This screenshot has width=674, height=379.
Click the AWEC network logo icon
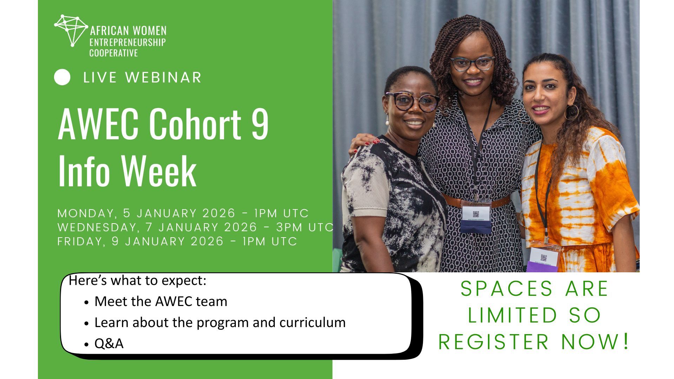[71, 31]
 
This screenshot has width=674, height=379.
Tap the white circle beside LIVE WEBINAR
[62, 78]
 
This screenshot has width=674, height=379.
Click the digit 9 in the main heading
[260, 123]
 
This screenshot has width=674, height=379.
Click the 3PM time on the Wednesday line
[289, 227]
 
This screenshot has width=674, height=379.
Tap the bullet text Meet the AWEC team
[161, 301]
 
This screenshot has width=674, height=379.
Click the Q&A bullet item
[109, 344]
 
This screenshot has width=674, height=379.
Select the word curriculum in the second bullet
[312, 323]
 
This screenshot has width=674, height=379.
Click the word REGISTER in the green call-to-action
[494, 342]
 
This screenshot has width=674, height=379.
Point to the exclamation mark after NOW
[625, 341]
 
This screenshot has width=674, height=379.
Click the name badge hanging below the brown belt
[476, 217]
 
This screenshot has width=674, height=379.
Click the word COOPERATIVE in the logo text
[113, 53]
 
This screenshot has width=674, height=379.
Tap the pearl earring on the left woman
[388, 122]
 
